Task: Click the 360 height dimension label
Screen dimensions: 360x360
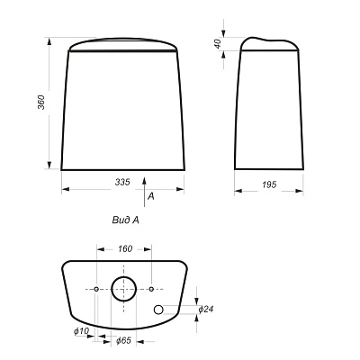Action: point(41,103)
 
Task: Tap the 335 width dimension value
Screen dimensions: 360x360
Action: point(122,182)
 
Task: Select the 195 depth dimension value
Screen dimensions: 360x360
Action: point(269,184)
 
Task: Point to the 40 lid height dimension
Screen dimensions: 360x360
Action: point(218,43)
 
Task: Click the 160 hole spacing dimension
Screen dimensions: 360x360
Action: point(125,248)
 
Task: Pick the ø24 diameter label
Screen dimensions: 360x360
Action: point(206,309)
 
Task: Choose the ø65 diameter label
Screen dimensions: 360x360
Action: point(123,340)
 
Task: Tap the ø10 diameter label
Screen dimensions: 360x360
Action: point(82,331)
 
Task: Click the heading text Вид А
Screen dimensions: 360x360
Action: point(126,220)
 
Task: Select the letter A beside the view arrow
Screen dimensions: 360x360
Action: point(151,196)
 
